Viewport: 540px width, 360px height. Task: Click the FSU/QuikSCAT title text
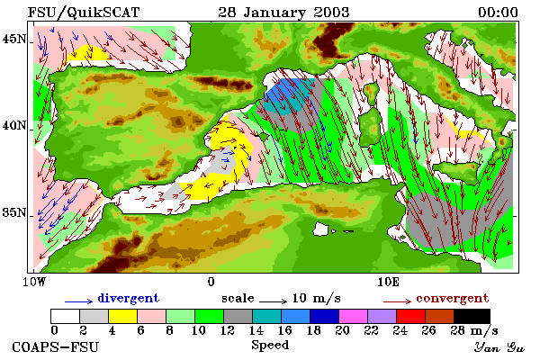[84, 13]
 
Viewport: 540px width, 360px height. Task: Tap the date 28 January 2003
[283, 13]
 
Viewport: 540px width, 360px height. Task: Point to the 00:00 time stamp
[498, 13]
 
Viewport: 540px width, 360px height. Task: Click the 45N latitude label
[14, 40]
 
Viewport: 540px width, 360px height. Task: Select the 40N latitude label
[14, 126]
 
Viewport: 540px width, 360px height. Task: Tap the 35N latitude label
[14, 212]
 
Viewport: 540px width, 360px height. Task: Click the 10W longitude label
[34, 282]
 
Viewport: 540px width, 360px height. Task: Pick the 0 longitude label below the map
[211, 282]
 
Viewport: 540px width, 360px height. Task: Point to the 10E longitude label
[389, 282]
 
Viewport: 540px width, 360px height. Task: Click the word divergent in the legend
[129, 298]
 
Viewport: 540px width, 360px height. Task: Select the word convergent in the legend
[452, 298]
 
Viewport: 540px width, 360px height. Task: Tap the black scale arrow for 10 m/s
[273, 301]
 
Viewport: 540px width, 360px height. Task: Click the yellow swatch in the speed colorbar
[122, 316]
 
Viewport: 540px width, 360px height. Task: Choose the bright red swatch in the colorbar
[410, 316]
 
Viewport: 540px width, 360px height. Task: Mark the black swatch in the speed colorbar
[472, 316]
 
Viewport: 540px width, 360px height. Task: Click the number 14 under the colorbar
[256, 330]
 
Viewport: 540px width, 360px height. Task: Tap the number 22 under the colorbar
[371, 330]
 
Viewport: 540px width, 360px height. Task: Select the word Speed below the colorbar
[270, 346]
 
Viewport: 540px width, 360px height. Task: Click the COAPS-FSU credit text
[56, 346]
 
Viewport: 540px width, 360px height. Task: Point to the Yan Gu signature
[499, 347]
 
